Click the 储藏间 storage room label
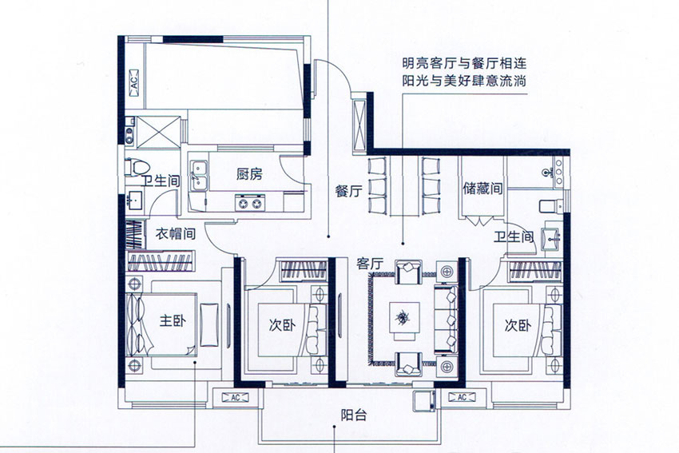pos(483,190)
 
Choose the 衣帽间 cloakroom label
pos(175,234)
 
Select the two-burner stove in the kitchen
pos(250,204)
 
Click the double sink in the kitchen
pos(199,176)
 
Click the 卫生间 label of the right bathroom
pos(514,237)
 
